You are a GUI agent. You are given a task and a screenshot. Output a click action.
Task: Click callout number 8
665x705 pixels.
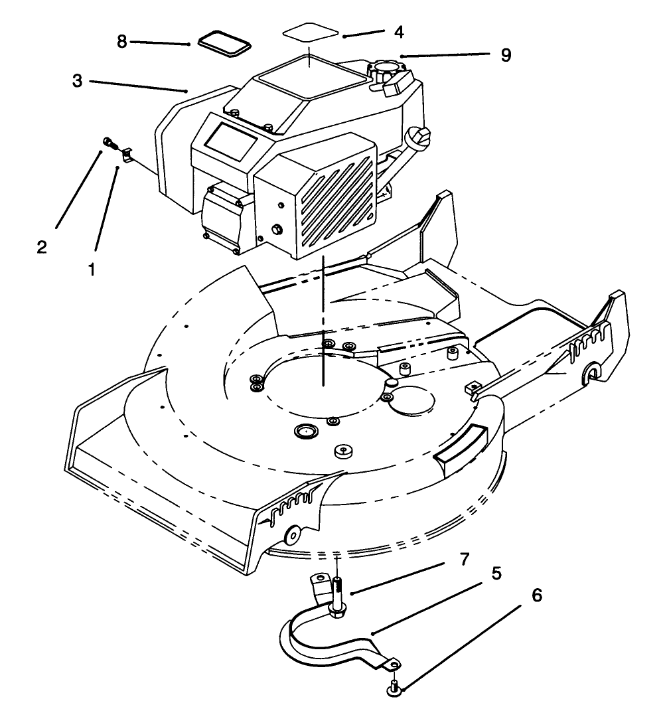pos(121,41)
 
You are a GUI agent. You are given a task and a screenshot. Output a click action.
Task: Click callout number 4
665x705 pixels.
pos(398,31)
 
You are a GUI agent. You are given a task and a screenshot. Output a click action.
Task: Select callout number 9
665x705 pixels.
pos(506,55)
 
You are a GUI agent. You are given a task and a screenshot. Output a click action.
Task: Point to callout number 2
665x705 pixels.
pos(42,247)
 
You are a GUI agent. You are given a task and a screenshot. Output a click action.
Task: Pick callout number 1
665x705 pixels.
pos(91,270)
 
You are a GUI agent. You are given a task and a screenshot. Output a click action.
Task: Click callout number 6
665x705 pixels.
pos(537,595)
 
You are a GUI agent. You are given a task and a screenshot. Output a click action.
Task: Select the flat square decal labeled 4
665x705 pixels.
pos(309,33)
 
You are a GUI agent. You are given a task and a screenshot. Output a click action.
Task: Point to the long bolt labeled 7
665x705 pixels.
pos(338,593)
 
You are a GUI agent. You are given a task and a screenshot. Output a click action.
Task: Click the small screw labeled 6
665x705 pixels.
pos(393,687)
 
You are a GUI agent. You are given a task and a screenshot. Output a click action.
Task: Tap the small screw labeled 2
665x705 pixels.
pos(108,142)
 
